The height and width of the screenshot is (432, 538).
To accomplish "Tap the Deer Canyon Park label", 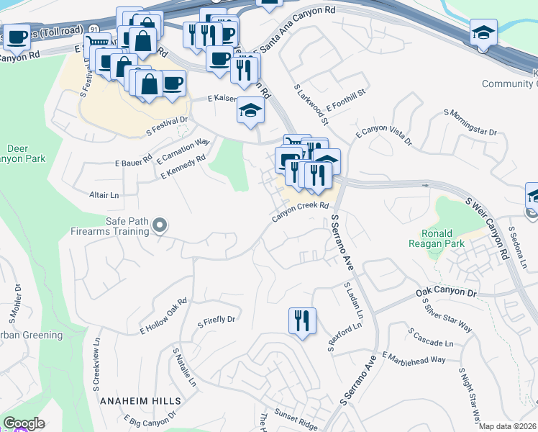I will click(18, 153).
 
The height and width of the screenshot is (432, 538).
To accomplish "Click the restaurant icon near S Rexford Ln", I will click(302, 321).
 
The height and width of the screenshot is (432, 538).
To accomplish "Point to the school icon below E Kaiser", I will click(250, 111).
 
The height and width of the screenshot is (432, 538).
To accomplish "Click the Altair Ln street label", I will click(104, 195).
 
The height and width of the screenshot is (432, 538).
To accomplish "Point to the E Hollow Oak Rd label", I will click(163, 315).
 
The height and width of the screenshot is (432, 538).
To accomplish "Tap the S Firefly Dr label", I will click(216, 320).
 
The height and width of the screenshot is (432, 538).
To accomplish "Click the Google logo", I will click(24, 423).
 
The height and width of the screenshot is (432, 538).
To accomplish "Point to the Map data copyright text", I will click(507, 426).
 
